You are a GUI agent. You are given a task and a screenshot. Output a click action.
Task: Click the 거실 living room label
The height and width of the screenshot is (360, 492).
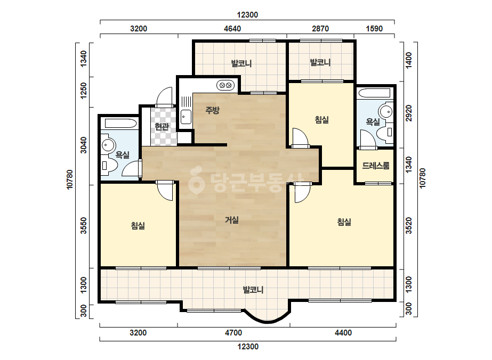(232, 220)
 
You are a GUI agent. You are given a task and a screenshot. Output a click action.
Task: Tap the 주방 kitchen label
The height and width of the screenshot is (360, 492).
(213, 110)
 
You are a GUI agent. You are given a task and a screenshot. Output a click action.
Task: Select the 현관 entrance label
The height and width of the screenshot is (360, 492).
(162, 126)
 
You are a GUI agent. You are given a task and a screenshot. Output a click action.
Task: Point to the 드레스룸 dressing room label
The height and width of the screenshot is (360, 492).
(376, 166)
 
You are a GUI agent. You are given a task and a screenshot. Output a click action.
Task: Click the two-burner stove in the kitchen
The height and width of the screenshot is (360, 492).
(225, 85)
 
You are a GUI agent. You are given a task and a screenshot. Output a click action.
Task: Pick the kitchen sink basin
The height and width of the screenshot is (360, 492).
(185, 117)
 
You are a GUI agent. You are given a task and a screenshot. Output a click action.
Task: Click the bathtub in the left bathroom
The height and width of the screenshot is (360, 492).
(121, 123)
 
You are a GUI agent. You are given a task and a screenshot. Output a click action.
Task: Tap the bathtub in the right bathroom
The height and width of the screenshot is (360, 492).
(375, 93)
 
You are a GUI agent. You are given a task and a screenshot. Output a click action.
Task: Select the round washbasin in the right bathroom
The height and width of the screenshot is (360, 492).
(385, 111)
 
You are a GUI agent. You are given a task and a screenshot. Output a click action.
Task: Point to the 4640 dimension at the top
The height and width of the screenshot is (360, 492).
(232, 29)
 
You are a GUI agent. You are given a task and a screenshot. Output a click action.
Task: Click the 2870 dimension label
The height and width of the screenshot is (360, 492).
(320, 29)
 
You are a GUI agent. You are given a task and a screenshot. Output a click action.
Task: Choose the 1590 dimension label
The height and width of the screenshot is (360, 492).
(374, 29)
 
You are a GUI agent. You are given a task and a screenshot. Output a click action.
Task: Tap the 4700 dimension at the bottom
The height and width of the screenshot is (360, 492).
(233, 333)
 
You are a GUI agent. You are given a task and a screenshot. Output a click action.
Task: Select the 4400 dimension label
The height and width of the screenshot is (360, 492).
(343, 333)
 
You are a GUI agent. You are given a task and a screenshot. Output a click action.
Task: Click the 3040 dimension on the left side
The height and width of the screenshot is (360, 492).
(84, 145)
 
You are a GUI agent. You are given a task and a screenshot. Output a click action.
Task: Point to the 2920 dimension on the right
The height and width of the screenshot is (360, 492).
(408, 113)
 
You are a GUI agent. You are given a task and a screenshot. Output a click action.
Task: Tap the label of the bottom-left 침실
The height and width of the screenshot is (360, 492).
(138, 225)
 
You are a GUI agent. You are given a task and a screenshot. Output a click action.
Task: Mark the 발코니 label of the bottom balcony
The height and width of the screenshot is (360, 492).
(253, 290)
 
